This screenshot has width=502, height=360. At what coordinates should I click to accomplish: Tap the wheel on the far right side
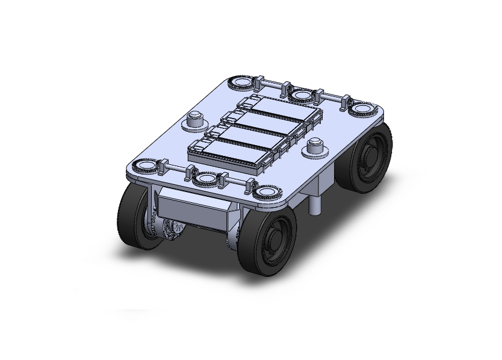click(369, 159)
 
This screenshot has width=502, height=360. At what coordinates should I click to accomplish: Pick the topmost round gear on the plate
click(241, 82)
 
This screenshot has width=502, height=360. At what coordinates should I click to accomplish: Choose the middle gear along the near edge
click(205, 179)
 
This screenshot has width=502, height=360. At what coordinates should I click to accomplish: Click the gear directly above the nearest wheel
click(265, 193)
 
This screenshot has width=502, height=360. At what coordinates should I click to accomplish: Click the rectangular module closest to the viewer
click(229, 153)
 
